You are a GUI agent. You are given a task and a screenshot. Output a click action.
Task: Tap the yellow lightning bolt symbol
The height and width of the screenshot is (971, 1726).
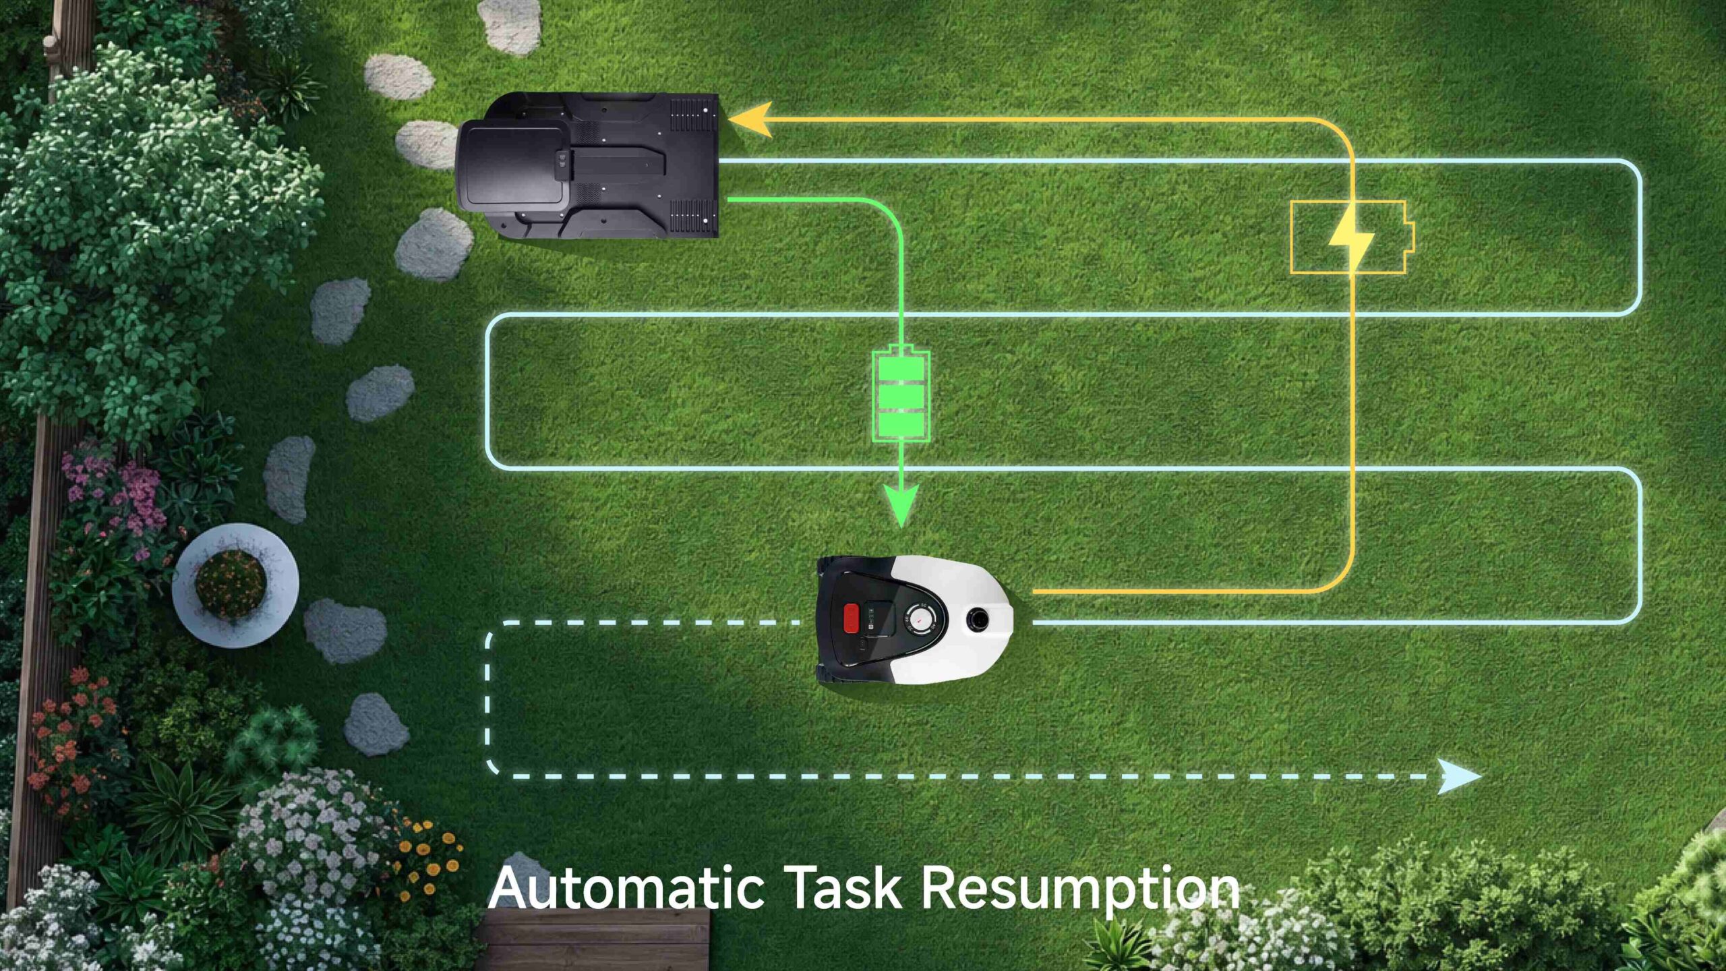[1351, 236]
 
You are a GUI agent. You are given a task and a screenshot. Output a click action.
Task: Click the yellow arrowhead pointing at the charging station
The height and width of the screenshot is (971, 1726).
[750, 120]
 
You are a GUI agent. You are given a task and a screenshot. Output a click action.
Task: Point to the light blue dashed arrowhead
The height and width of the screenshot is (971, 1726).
[1459, 776]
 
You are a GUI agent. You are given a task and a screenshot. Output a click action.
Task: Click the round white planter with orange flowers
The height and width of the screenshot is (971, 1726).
[235, 585]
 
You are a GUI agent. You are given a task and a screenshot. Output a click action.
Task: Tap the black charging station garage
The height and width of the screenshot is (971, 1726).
[587, 165]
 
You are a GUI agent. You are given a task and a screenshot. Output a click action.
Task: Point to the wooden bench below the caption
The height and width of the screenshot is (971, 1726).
[593, 939]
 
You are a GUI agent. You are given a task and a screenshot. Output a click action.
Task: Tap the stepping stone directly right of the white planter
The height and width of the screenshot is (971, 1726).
[345, 631]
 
